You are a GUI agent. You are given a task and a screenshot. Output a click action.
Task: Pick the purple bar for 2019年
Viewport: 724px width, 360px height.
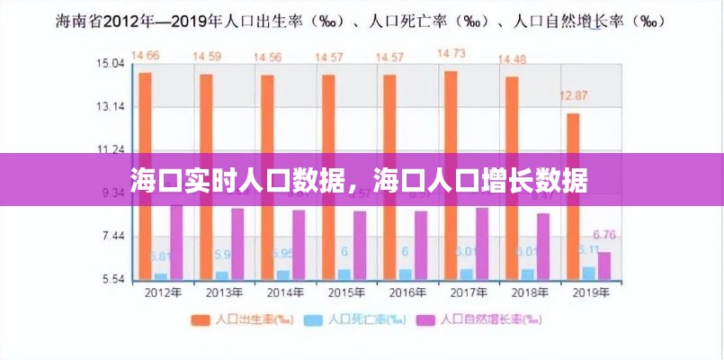click(x=604, y=265)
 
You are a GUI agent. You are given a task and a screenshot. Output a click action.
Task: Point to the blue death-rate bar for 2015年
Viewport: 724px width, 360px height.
click(x=344, y=274)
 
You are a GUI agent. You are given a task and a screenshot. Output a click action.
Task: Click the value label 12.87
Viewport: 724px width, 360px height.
click(x=574, y=95)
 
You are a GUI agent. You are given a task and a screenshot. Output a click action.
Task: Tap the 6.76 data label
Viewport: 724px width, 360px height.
click(x=604, y=236)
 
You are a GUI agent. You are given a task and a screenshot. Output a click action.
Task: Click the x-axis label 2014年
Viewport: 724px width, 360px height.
click(x=285, y=293)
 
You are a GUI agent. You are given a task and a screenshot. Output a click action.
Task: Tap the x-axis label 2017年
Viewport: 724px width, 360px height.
click(x=468, y=293)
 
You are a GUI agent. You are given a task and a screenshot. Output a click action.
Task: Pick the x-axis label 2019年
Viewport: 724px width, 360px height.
click(x=590, y=293)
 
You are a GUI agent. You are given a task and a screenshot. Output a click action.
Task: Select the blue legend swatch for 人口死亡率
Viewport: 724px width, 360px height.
click(x=315, y=319)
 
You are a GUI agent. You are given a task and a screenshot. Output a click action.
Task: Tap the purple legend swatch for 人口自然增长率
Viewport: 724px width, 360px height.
click(x=425, y=319)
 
